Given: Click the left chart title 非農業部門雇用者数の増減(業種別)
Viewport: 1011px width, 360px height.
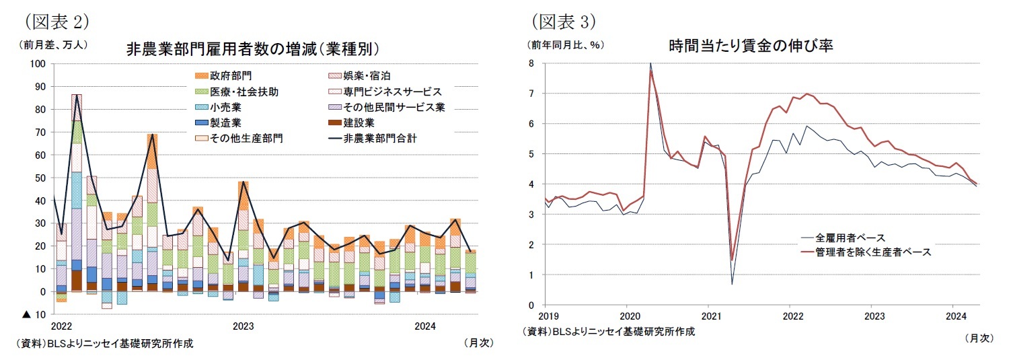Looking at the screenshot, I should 252,48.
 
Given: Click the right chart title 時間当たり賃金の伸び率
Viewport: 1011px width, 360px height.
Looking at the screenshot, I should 751,46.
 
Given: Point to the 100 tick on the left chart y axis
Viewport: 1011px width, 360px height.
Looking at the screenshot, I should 38,64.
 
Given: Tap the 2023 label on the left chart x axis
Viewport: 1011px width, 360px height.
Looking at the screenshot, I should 243,326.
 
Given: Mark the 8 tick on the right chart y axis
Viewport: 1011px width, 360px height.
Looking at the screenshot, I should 531,64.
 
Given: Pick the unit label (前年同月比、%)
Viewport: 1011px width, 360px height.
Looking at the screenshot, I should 566,46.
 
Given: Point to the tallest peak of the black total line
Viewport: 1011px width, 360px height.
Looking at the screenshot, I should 77,96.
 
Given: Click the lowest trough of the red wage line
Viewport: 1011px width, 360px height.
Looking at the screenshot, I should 732,260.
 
